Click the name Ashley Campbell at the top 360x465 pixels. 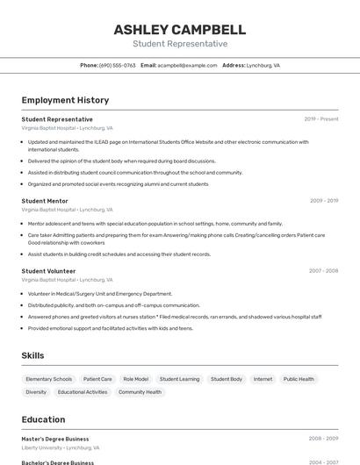click(x=179, y=30)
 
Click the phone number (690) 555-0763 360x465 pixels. click(x=118, y=65)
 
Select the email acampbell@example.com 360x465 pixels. click(x=187, y=65)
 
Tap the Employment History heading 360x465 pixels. click(x=65, y=100)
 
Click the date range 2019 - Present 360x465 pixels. click(x=321, y=119)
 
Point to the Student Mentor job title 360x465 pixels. click(x=45, y=201)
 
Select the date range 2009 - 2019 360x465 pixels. click(x=324, y=201)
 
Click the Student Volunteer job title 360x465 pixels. click(x=48, y=271)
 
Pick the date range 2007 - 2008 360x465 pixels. click(x=324, y=271)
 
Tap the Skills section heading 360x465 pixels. click(x=33, y=355)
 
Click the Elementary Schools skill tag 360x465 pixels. click(x=49, y=379)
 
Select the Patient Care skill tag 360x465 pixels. click(x=97, y=379)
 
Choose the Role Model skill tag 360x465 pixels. click(x=135, y=379)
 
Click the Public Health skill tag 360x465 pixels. click(x=299, y=379)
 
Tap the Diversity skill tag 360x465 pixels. click(x=36, y=392)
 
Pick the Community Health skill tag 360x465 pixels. click(x=140, y=392)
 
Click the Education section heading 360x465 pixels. click(x=43, y=419)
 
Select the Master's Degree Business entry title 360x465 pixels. click(x=55, y=439)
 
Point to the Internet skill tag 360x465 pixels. click(x=263, y=379)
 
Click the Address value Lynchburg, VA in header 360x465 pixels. click(x=263, y=65)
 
